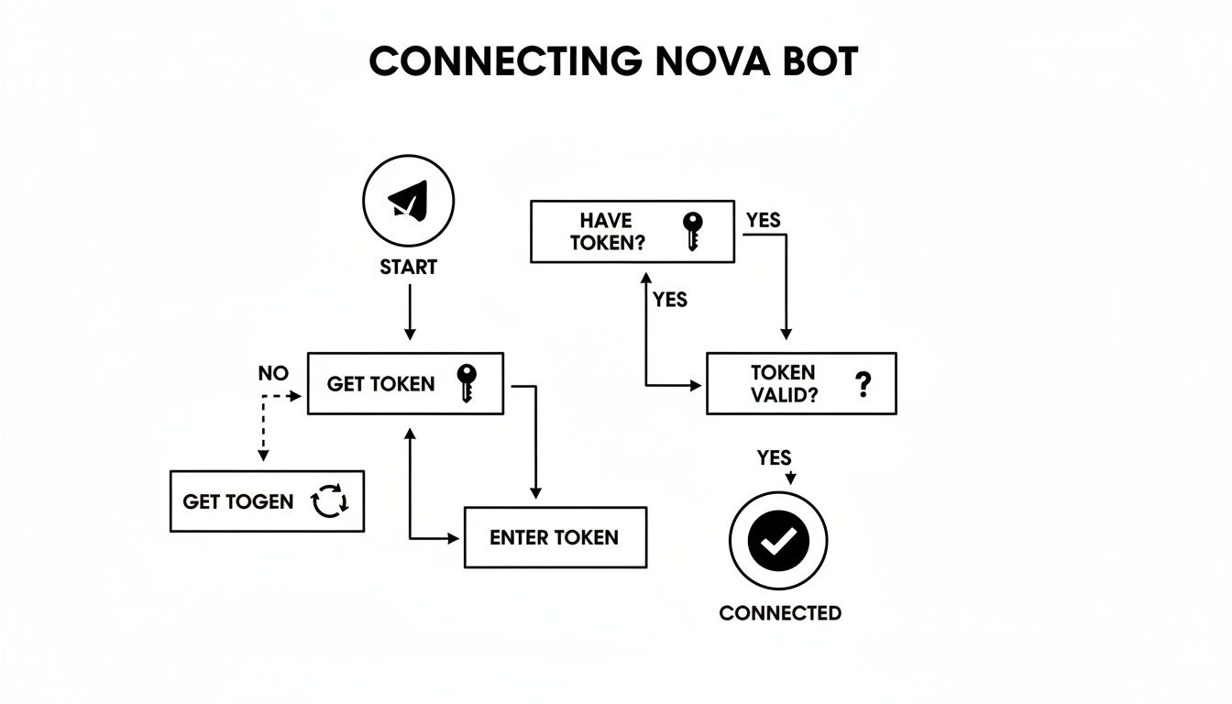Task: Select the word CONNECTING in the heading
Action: tap(505, 61)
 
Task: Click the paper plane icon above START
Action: tap(409, 200)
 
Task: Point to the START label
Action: tap(409, 268)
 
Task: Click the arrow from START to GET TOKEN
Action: tap(410, 312)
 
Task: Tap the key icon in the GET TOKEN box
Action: tap(467, 382)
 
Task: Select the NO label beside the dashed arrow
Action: tap(273, 374)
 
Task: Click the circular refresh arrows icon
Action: tap(330, 501)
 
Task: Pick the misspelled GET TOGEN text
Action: tap(238, 501)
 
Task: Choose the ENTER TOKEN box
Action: tap(555, 537)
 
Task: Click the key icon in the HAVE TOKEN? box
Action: tap(693, 231)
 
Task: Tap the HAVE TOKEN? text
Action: tap(606, 231)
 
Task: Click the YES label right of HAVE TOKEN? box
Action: tap(763, 220)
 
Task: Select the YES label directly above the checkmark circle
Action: tap(775, 457)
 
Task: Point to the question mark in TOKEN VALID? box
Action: tap(861, 383)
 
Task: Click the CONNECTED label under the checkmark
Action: tap(780, 613)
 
